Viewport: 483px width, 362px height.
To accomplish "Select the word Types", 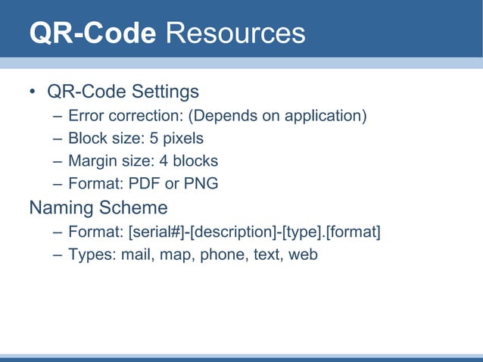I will (x=90, y=254).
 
